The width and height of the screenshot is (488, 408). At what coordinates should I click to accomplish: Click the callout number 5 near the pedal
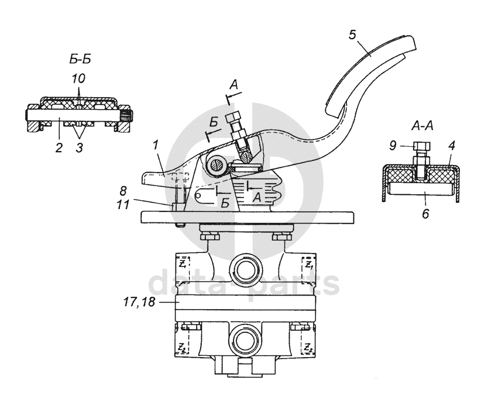tap(352, 35)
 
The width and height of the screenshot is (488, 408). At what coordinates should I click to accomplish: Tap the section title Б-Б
tap(80, 59)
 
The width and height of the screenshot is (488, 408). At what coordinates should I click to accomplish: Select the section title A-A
tap(422, 126)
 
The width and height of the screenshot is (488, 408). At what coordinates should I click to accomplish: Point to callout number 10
tap(78, 78)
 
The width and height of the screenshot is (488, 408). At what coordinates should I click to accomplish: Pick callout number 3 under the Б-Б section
tap(80, 148)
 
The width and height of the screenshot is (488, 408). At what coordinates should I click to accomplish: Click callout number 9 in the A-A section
tap(393, 145)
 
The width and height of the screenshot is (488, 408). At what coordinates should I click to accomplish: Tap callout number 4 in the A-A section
tap(452, 145)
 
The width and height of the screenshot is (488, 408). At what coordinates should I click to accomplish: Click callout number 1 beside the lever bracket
tap(156, 145)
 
